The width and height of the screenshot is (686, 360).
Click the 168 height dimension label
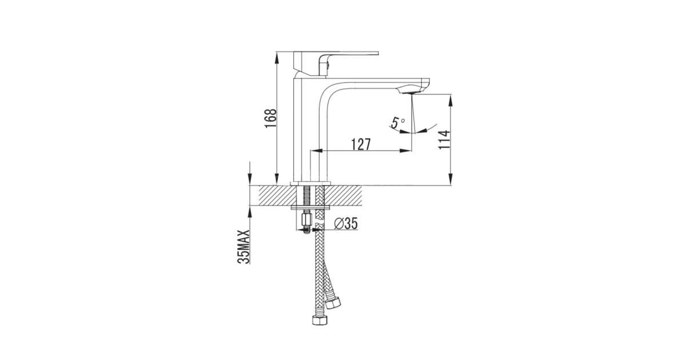(271, 118)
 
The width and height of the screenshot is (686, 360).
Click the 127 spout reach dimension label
(361, 145)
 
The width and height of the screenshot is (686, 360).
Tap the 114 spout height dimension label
(444, 139)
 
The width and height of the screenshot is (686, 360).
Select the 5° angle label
(397, 123)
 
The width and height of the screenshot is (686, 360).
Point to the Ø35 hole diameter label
(346, 223)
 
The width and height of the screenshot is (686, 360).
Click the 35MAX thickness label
(244, 247)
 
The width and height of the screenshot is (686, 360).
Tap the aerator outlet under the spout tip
(408, 92)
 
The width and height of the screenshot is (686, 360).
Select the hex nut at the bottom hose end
(320, 320)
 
